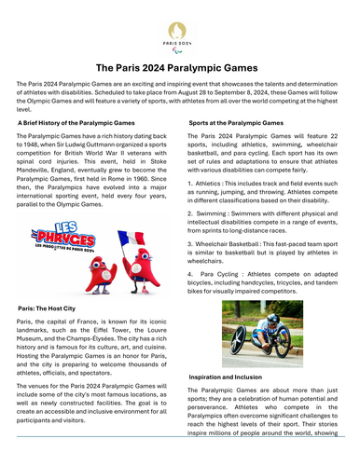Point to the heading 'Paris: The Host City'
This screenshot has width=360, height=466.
53,306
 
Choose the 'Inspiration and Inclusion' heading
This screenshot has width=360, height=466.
225,377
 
